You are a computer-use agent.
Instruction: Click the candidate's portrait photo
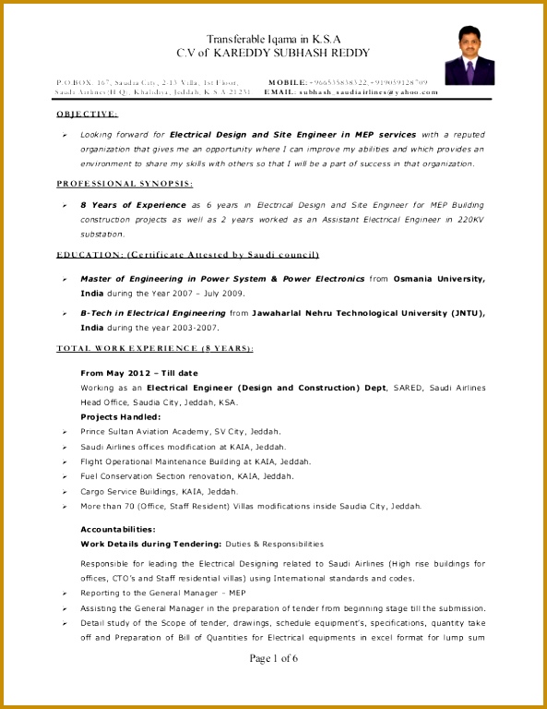click(x=471, y=54)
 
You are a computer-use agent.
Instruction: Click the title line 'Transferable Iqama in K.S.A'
click(x=273, y=40)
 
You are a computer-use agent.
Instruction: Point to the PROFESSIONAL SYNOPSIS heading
click(x=125, y=183)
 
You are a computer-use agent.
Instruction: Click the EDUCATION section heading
click(x=187, y=254)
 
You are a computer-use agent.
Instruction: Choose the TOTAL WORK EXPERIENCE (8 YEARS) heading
click(x=155, y=348)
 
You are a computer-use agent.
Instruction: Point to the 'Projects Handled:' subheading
click(x=121, y=416)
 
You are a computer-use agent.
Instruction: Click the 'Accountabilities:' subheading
click(x=118, y=529)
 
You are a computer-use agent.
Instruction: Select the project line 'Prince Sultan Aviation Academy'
click(x=181, y=431)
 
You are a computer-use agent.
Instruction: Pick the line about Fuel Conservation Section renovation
click(x=187, y=475)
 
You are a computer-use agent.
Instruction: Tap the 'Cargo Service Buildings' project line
click(x=160, y=491)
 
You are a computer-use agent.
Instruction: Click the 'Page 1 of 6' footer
click(x=273, y=657)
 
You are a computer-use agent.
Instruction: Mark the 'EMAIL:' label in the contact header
click(x=279, y=93)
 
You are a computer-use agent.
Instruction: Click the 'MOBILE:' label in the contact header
click(x=288, y=82)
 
